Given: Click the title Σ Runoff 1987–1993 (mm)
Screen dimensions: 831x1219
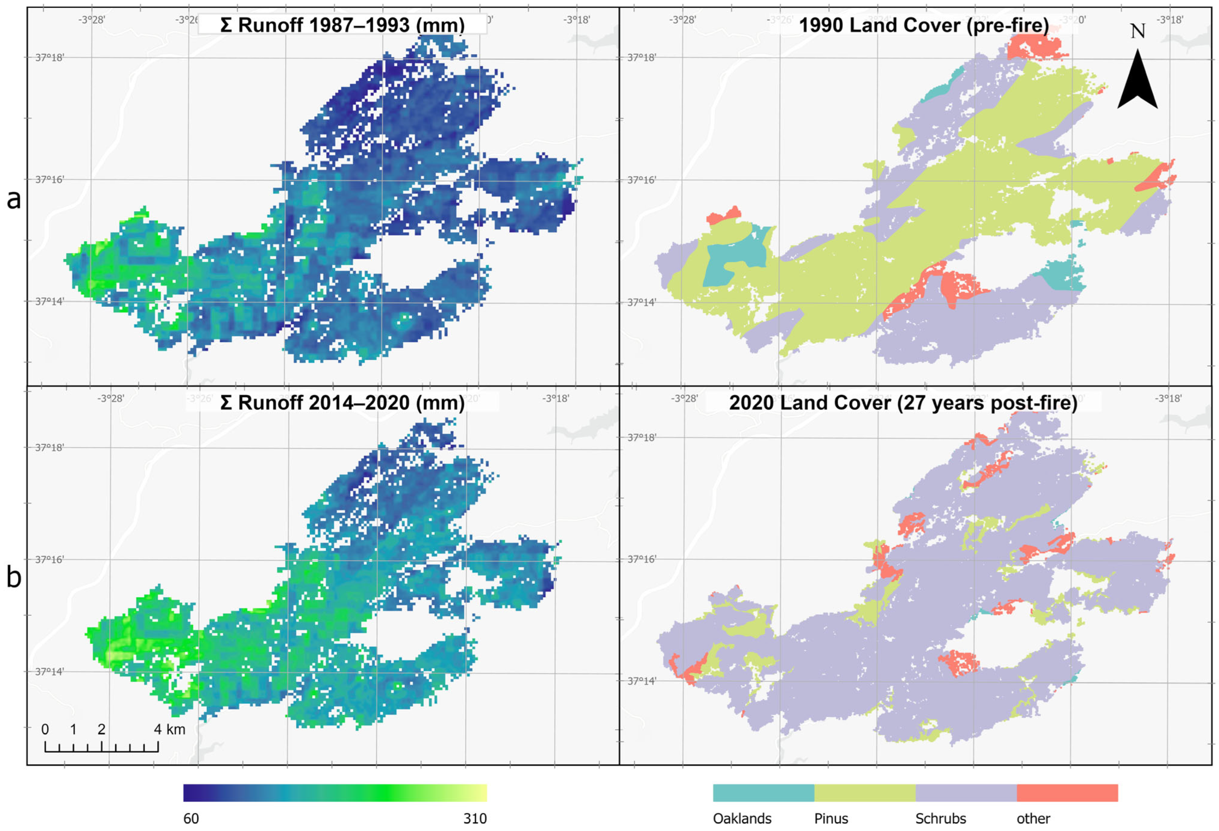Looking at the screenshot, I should pos(342,25).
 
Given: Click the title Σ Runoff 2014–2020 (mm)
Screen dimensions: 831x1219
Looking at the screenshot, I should pos(342,403).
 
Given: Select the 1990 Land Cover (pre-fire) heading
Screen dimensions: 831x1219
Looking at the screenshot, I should pos(924,25).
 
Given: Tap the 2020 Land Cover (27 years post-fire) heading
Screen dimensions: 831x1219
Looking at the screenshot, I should pos(903,403).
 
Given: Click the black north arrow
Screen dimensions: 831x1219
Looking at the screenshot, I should pos(1137,81).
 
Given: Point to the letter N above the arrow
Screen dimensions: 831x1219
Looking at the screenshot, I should pos(1137,31).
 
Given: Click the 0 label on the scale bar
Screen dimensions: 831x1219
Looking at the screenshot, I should pos(45,729).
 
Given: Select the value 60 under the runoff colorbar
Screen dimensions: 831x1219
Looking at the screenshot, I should pos(191,818).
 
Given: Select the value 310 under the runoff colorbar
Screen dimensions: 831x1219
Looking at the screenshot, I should pos(475,818).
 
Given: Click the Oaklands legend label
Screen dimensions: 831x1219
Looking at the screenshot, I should pos(742,818).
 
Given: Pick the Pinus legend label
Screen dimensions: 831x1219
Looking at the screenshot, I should pos(831,818).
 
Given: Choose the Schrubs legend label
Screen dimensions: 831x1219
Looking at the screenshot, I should pos(940,818).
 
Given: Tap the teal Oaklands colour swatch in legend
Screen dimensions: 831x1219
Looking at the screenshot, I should pos(763,793).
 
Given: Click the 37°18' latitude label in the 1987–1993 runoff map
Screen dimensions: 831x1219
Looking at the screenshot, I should pos(49,57).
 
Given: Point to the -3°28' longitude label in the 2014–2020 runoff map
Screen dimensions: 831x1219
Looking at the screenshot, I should pos(111,398).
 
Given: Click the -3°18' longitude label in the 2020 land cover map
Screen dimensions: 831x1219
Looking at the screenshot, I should pos(1168,398).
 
